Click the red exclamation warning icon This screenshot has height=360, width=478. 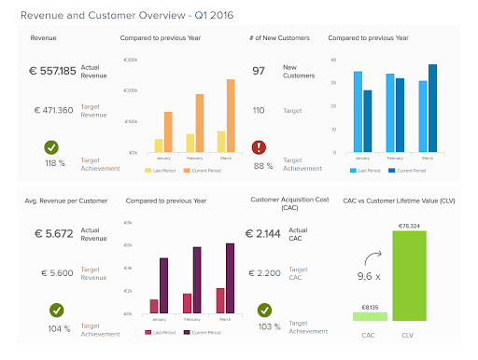pos(260,147)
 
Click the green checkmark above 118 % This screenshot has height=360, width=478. pos(53,146)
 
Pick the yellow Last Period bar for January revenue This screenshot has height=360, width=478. pos(159,145)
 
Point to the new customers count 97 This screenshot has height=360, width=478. pos(259,71)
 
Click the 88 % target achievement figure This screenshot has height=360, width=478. pos(262,166)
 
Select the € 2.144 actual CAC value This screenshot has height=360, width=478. pos(265,233)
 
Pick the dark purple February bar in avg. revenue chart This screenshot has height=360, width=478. pos(197,280)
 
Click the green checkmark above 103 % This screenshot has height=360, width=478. pos(265,309)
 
